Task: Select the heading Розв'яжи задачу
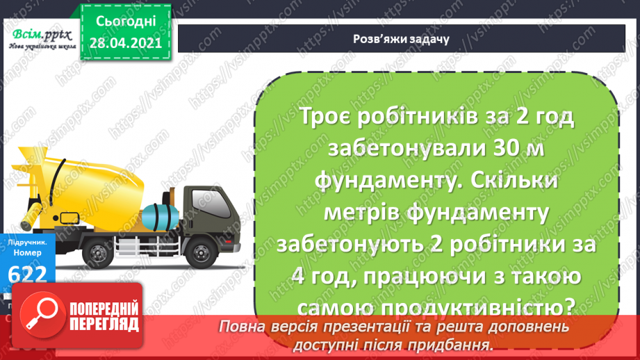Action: (x=399, y=39)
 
